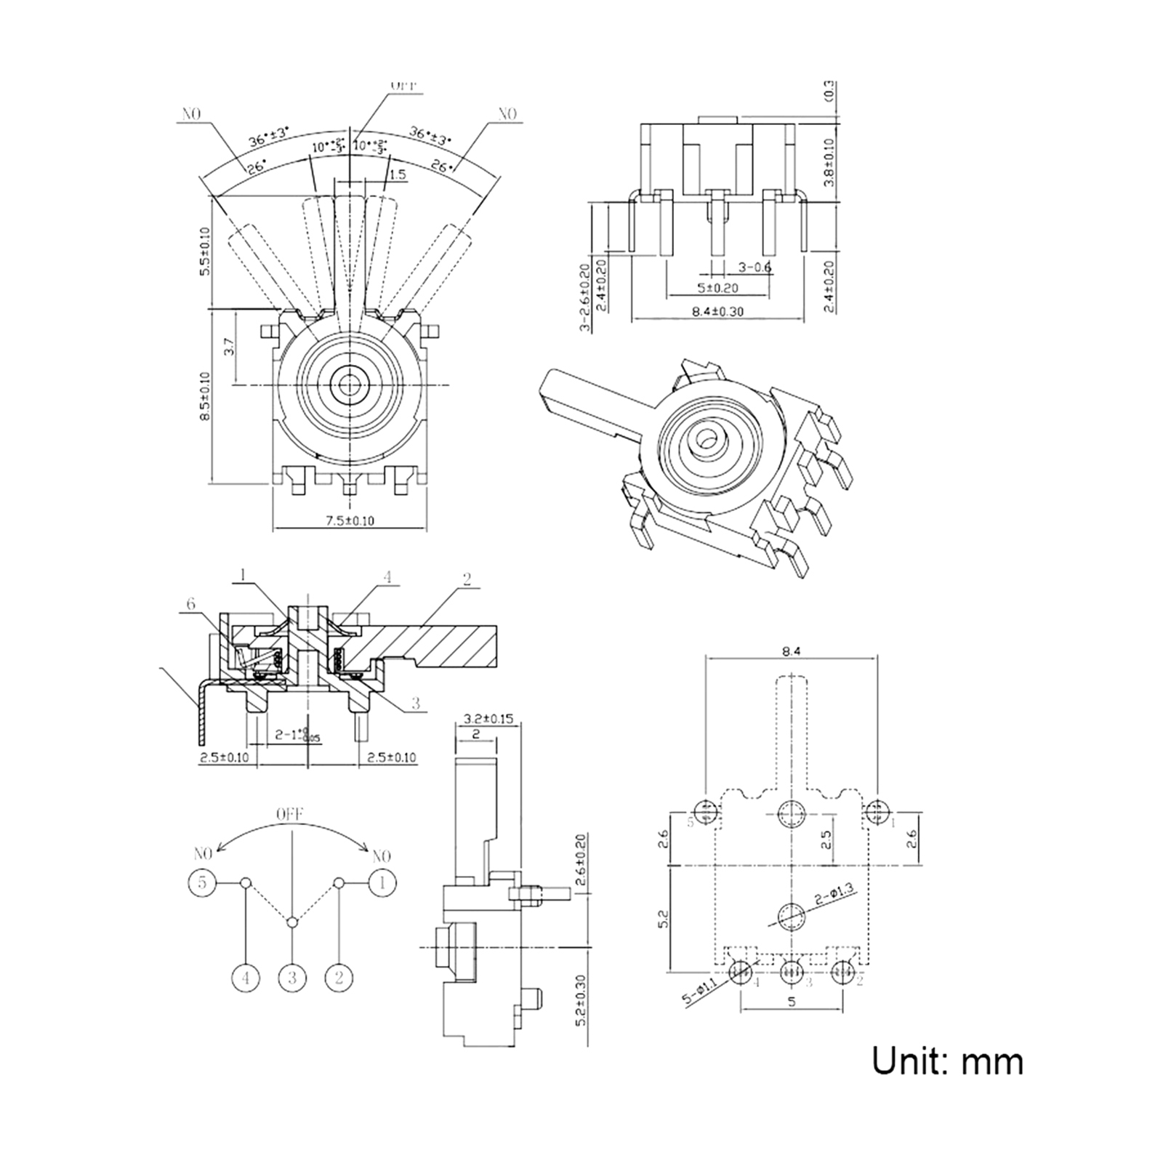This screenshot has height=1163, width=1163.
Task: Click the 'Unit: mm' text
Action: [947, 1061]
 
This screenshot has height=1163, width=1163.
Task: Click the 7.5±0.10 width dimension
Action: [350, 520]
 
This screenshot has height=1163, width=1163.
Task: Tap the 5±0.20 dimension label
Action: [717, 288]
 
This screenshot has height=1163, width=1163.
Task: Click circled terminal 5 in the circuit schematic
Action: [202, 882]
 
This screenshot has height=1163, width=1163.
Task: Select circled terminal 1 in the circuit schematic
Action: [383, 882]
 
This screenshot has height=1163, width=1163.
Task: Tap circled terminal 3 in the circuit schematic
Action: [292, 978]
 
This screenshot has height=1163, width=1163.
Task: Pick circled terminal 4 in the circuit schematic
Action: [246, 978]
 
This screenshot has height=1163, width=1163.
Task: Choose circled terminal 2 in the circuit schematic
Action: [338, 978]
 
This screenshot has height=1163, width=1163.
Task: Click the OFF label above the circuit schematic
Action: [289, 813]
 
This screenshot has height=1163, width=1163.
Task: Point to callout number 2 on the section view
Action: [467, 579]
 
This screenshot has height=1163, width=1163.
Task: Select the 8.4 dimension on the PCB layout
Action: [792, 652]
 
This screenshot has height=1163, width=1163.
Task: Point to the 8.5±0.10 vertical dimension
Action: [206, 395]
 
